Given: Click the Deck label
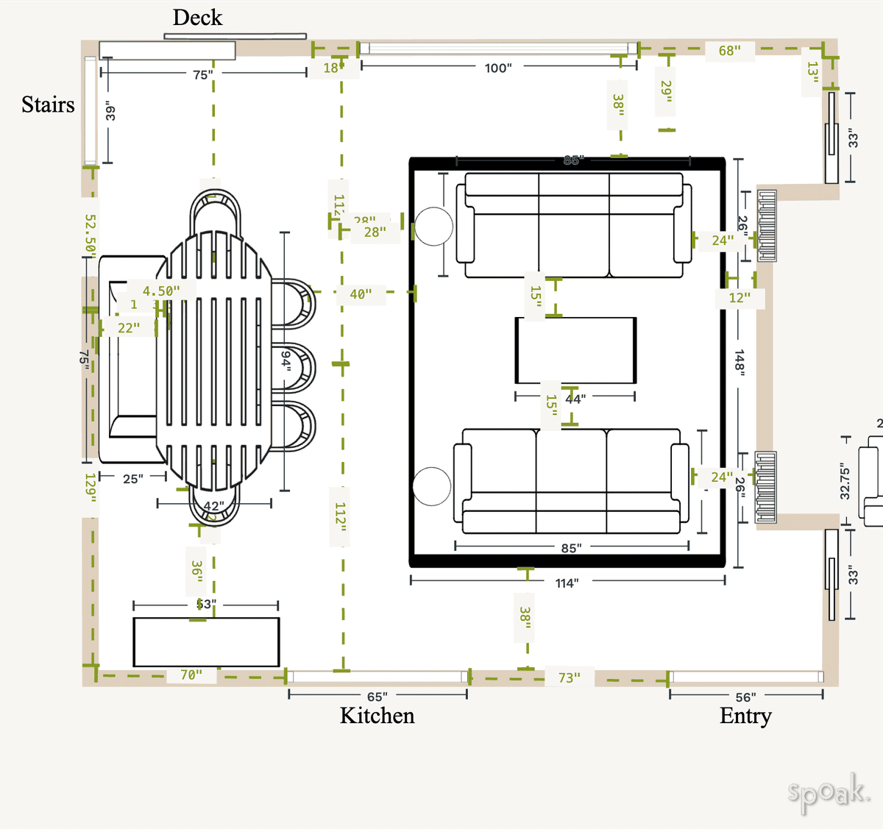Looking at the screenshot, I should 197,18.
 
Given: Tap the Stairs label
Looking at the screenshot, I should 48,104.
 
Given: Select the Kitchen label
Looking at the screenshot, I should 377,716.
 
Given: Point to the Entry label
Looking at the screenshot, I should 745,716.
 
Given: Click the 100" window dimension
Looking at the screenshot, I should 497,68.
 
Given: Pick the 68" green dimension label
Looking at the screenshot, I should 729,51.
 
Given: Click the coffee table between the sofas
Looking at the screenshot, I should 575,350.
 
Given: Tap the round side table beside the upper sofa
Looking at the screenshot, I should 433,226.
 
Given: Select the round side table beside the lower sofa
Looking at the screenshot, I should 431,486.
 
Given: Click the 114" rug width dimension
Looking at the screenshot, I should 567,583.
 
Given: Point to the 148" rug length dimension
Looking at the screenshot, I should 740,363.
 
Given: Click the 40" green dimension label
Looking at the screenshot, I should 361,294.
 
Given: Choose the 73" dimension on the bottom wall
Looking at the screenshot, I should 569,677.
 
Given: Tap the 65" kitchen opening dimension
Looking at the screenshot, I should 377,697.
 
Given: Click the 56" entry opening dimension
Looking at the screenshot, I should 745,697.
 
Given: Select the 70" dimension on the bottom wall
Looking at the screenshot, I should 191,675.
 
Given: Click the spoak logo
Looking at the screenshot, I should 829,792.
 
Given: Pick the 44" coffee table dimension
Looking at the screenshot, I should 575,399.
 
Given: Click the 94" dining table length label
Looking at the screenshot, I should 286,360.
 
